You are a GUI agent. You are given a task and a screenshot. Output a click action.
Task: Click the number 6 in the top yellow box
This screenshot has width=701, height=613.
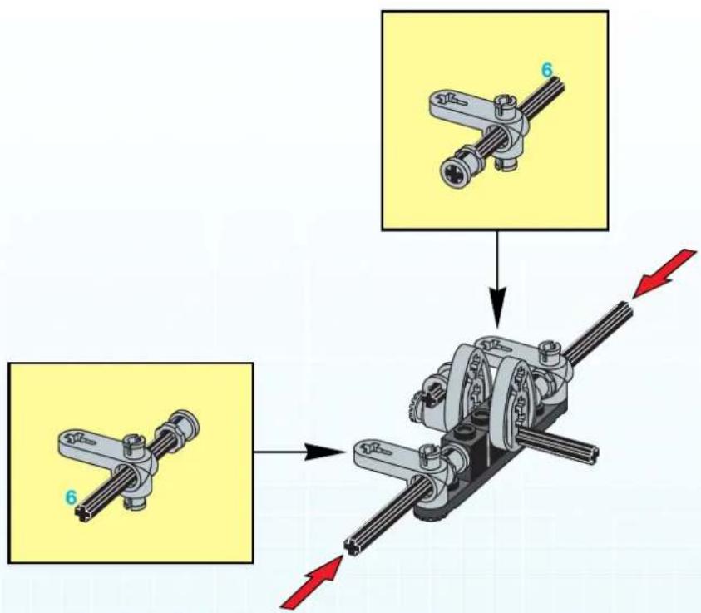click(547, 70)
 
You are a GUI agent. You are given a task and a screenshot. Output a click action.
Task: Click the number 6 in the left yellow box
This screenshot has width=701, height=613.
click(71, 497)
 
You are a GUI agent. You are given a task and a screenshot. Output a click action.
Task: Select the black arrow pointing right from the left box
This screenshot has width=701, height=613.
click(299, 452)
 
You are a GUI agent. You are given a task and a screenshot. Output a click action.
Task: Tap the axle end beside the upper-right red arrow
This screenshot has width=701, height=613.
click(624, 310)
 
